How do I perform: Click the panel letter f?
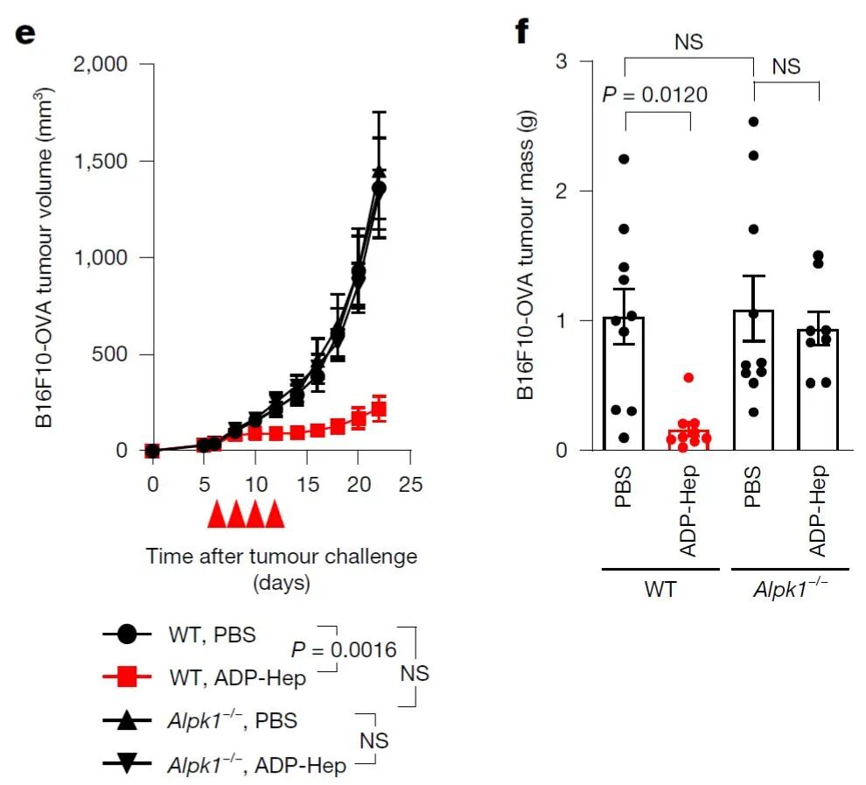point(523,32)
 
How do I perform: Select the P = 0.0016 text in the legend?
point(343,649)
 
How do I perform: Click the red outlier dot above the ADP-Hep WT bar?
point(689,377)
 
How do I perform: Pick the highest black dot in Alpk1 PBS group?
point(753,122)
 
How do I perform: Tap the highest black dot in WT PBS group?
point(624,159)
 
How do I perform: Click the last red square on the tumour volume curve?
point(379,408)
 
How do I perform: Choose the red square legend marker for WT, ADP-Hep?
point(126,676)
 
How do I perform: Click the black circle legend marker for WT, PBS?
point(126,634)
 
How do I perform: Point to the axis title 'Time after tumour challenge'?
point(282,557)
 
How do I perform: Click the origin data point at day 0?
point(153,451)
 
